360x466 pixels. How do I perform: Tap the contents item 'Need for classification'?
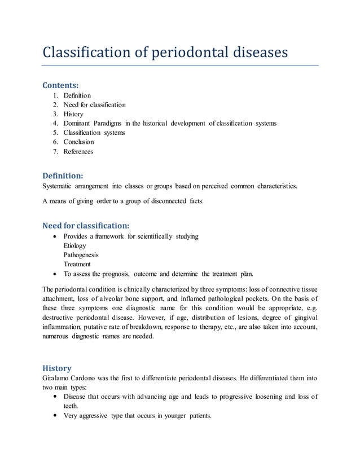[x=94, y=105]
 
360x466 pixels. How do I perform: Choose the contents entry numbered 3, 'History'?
[x=73, y=114]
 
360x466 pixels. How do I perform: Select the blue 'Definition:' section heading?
[x=63, y=175]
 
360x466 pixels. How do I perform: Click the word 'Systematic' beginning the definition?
[x=60, y=186]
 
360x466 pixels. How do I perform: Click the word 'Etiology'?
[x=75, y=246]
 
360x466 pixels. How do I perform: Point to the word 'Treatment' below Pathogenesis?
[x=77, y=264]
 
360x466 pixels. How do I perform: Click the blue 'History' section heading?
[x=57, y=368]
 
